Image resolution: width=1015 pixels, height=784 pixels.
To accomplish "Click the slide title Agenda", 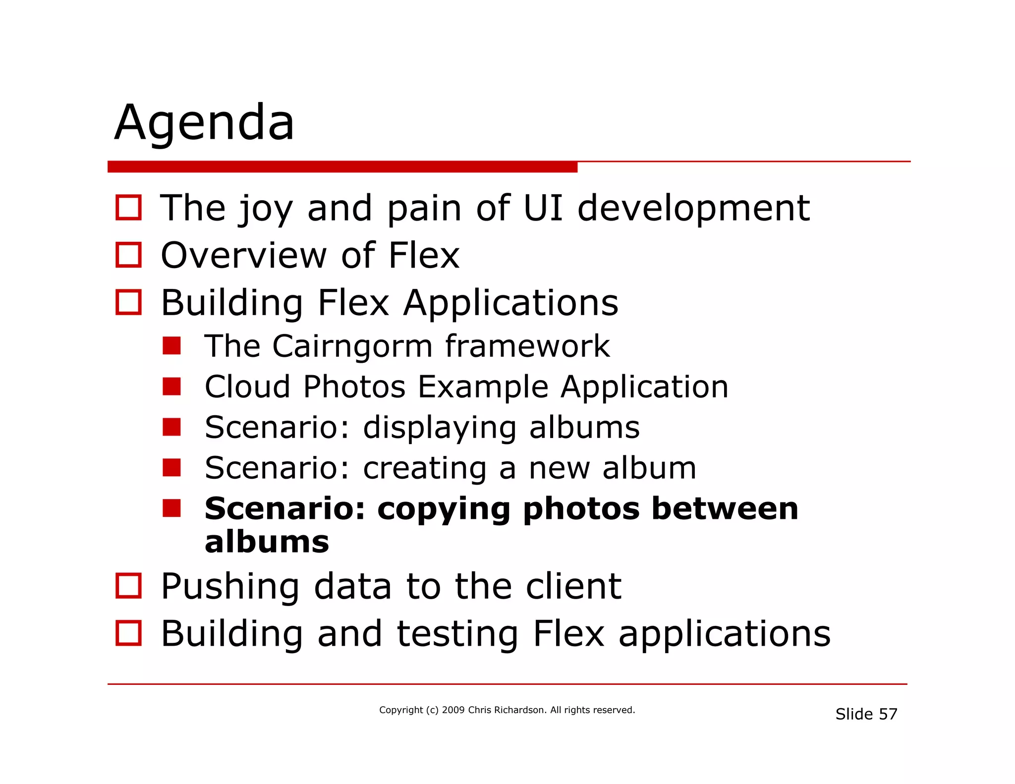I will pos(204,123).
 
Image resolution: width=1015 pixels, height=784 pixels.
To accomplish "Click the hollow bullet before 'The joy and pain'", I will pos(128,208).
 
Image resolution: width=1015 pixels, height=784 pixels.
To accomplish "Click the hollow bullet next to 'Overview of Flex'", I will pos(128,255).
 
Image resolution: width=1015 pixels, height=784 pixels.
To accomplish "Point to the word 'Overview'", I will pos(243,255).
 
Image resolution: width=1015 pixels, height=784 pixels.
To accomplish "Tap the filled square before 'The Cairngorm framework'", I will pos(171,346).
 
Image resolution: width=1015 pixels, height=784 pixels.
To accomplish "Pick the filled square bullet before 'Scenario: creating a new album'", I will pos(171,467).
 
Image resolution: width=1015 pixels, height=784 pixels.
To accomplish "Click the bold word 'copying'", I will pos(444,509).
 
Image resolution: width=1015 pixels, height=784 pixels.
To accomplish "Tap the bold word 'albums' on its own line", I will pos(267,542).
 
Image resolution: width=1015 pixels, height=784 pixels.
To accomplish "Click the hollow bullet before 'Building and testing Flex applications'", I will pos(128,633).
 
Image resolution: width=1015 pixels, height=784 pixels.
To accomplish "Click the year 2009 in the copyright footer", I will pos(453,710).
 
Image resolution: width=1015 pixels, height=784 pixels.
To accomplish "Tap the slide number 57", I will pos(888,714).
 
